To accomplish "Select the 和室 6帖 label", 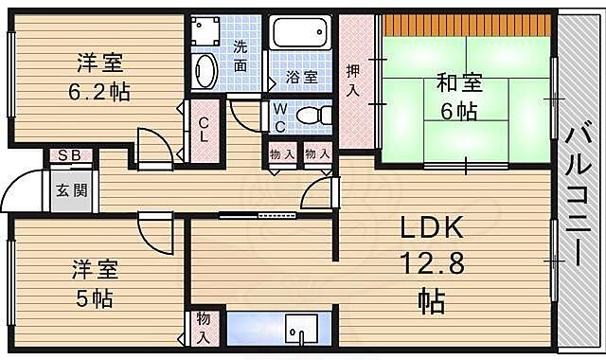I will point(460,96).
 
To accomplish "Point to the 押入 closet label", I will point(353,80).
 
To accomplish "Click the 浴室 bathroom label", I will point(302,78).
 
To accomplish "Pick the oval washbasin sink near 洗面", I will point(205,71).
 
